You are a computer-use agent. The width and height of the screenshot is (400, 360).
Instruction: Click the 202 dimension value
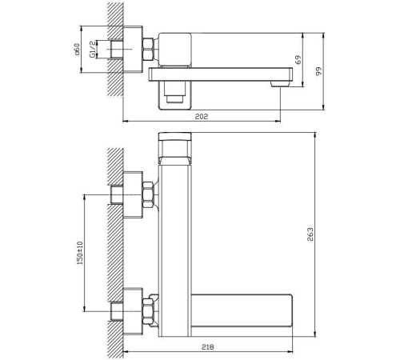pyautogui.click(x=202, y=117)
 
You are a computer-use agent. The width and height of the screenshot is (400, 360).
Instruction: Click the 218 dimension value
pyautogui.click(x=208, y=347)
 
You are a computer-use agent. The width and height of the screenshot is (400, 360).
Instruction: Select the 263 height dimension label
pyautogui.click(x=310, y=234)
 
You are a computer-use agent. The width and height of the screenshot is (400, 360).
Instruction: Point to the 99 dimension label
pyautogui.click(x=319, y=71)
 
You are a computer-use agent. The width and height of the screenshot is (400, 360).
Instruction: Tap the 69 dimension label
pyautogui.click(x=298, y=59)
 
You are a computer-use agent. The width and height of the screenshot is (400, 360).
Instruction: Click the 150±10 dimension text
pyautogui.click(x=80, y=253)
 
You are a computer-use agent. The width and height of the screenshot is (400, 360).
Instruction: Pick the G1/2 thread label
pyautogui.click(x=92, y=49)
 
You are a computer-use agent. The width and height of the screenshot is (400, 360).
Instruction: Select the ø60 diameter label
pyautogui.click(x=77, y=49)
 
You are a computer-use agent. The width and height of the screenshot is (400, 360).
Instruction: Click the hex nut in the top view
pyautogui.click(x=148, y=49)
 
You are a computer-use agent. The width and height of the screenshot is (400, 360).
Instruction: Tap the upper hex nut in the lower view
pyautogui.click(x=148, y=194)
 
